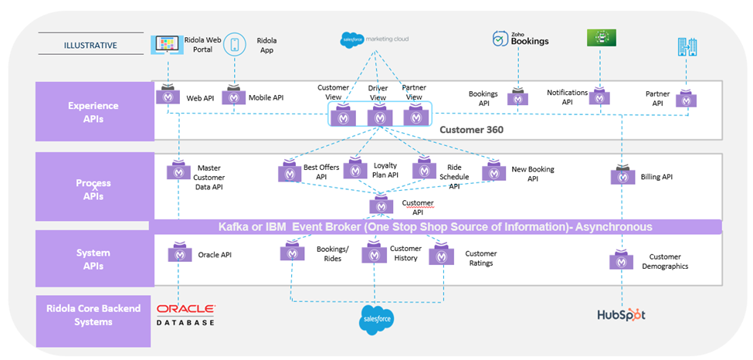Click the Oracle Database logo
click(x=186, y=314)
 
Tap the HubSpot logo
click(x=621, y=314)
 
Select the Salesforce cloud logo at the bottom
click(x=377, y=318)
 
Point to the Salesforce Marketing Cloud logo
click(x=375, y=38)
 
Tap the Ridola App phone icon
click(x=235, y=44)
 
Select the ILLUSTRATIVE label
click(x=90, y=45)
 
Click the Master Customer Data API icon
click(x=179, y=172)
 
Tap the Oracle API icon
click(x=179, y=253)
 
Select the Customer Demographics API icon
click(x=622, y=260)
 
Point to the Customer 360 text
click(x=471, y=130)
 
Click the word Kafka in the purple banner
click(x=235, y=227)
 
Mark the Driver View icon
click(x=378, y=116)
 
